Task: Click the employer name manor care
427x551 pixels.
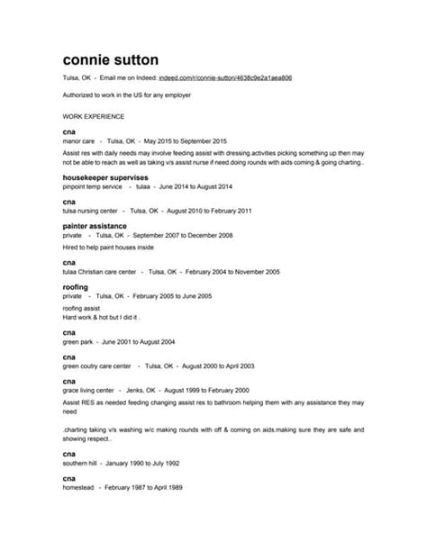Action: [x=79, y=141]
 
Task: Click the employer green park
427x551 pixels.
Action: [x=79, y=341]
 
